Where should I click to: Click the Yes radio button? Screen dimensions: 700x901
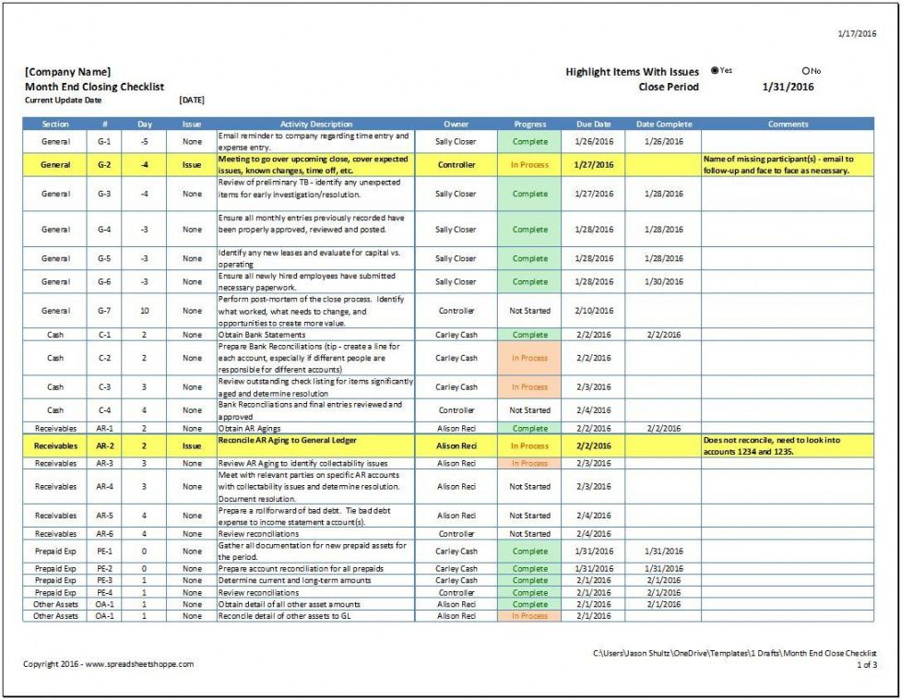point(715,71)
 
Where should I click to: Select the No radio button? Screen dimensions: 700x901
point(805,71)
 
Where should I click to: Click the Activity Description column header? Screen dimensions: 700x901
point(316,124)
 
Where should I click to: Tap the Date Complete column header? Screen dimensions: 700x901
point(663,124)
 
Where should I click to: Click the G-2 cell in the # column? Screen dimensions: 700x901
point(105,165)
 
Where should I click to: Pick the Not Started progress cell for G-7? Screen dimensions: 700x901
point(529,311)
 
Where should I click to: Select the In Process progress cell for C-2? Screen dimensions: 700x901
point(529,358)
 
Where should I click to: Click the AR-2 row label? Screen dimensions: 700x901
point(105,445)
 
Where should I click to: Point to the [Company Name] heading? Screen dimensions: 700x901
point(68,72)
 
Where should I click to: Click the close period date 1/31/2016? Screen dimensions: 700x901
point(788,87)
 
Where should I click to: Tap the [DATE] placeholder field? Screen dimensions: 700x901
point(192,100)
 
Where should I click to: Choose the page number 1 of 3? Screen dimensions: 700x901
point(867,664)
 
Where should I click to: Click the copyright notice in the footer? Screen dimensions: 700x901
point(109,664)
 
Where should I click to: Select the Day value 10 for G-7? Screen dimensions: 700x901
point(145,311)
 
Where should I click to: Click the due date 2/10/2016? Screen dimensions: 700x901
point(594,311)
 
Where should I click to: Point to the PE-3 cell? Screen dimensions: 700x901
point(105,581)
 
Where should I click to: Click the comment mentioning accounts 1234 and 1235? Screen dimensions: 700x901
point(787,445)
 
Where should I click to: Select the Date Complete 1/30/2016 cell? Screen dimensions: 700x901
point(663,282)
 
